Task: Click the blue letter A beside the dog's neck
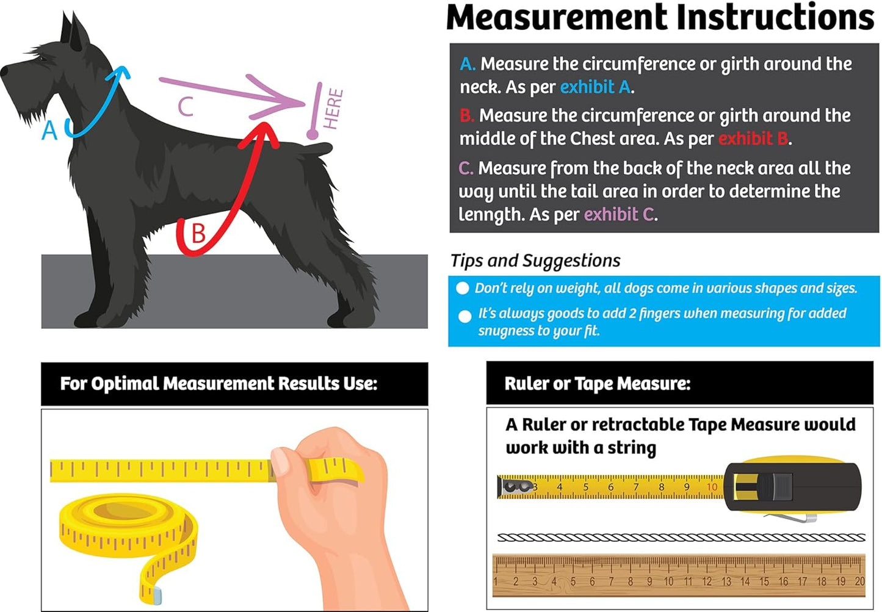coord(49,131)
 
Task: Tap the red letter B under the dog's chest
coord(198,233)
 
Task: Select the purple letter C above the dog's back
coord(186,106)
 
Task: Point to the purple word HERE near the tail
coord(333,109)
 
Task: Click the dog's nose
coord(4,71)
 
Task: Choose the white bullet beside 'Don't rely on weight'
coord(463,288)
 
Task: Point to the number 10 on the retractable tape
coord(712,488)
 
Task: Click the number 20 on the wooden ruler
coord(860,581)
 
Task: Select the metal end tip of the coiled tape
coord(156,596)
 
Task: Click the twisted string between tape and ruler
coord(681,537)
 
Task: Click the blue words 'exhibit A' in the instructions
coord(596,87)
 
